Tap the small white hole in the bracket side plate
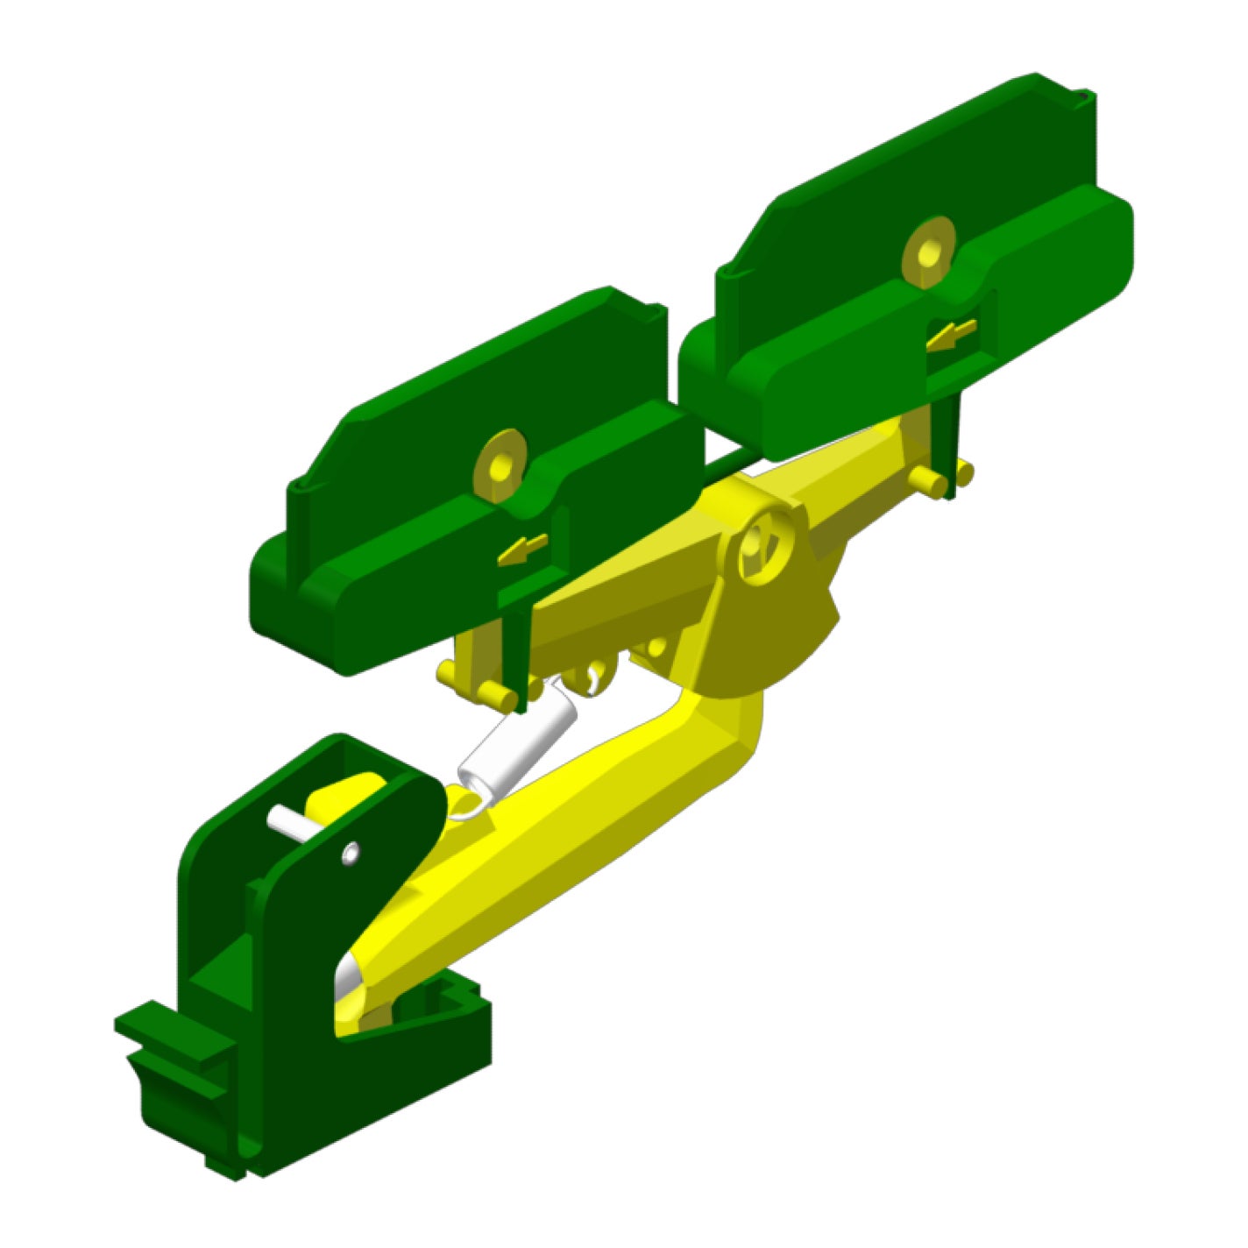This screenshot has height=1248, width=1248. coord(351,852)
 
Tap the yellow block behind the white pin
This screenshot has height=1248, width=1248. coord(346,793)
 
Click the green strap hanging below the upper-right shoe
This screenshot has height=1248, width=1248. coord(947,438)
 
